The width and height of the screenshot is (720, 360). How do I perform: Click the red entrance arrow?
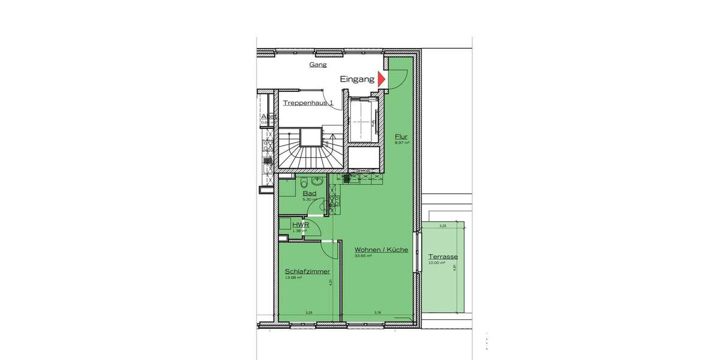[381, 79]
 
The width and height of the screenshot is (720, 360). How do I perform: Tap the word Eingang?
[357, 79]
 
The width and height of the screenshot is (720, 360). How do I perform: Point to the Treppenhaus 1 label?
[308, 103]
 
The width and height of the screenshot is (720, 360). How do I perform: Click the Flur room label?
[401, 137]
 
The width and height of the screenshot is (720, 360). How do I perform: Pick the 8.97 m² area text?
[401, 143]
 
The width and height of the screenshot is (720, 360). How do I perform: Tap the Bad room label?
[310, 194]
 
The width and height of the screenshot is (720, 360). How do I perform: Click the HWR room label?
[301, 224]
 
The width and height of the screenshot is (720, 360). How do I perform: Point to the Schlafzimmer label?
[307, 271]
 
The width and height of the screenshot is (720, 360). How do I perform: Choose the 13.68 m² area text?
[293, 278]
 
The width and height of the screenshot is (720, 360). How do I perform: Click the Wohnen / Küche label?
[381, 250]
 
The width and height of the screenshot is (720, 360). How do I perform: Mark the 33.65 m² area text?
[363, 256]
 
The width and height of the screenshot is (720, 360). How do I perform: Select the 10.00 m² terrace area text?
[436, 263]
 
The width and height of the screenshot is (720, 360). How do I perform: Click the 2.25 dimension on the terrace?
[443, 226]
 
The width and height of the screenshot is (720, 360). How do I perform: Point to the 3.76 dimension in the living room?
[377, 313]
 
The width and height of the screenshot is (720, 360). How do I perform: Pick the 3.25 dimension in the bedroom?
[308, 313]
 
